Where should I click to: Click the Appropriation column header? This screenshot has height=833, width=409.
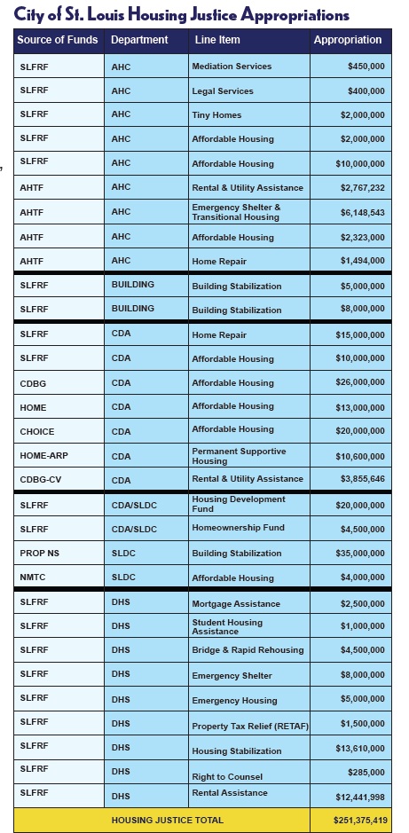tap(347, 40)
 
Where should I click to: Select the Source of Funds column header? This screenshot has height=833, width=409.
tap(58, 40)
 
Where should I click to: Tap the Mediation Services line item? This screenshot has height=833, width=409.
tap(232, 67)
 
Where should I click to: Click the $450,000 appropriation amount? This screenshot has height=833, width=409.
tap(366, 67)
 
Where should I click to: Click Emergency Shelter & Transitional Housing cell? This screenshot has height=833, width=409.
tap(236, 212)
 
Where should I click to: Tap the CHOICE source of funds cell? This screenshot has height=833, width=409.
tap(37, 431)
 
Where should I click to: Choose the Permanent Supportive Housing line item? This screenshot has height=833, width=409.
tap(239, 456)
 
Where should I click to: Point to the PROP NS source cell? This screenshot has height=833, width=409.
tap(39, 553)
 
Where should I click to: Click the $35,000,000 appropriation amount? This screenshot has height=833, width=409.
tap(360, 553)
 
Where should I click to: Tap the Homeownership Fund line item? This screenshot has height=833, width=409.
tap(238, 528)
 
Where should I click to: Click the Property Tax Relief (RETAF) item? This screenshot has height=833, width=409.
tap(249, 727)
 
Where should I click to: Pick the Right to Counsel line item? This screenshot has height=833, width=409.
tap(227, 777)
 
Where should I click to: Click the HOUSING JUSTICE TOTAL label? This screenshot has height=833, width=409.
tap(167, 821)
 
